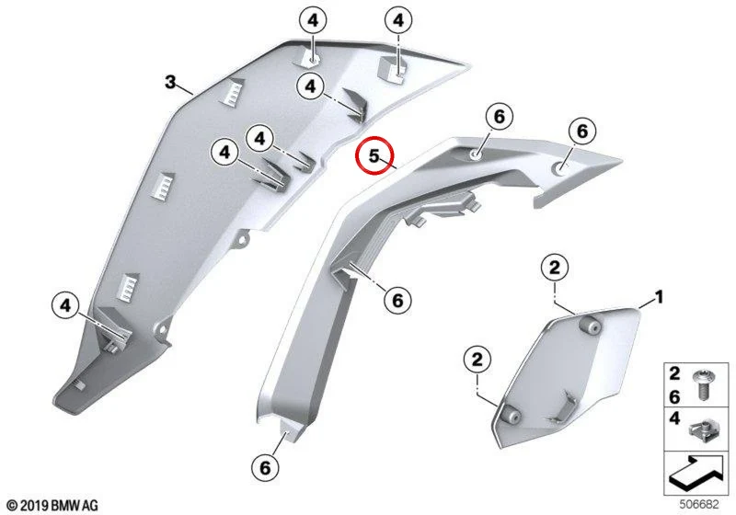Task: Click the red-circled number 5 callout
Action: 374,155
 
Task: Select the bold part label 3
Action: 170,82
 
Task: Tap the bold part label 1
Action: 659,297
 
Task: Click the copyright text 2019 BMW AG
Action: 53,506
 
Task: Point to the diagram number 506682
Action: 699,505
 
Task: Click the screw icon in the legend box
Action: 703,384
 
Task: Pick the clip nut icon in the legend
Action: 701,430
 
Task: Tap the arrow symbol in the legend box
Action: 696,472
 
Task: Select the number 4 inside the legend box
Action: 674,418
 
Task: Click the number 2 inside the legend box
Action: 674,373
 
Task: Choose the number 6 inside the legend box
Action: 674,397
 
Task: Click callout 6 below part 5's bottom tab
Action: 265,467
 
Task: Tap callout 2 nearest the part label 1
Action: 555,269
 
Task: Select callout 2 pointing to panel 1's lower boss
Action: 477,360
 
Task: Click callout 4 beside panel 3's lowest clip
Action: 65,306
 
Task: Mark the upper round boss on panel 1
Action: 591,325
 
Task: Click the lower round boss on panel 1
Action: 512,414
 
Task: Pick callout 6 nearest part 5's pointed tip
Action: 582,131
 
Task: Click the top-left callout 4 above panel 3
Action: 313,20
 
